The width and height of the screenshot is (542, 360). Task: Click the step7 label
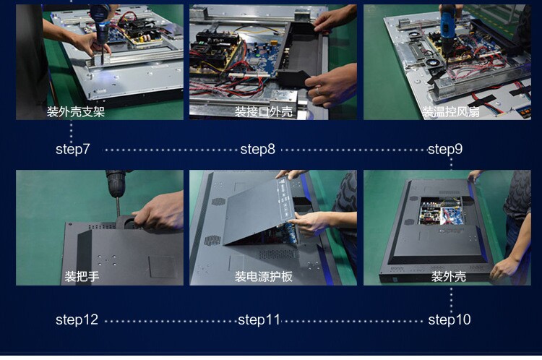(x=72, y=150)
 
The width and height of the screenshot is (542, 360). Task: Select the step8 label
(x=257, y=150)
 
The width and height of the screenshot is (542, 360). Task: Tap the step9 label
(x=445, y=150)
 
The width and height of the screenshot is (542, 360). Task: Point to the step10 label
(x=449, y=320)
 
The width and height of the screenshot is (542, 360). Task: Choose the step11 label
(x=259, y=320)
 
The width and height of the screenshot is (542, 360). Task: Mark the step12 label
(x=77, y=320)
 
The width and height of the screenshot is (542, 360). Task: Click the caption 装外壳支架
(x=76, y=112)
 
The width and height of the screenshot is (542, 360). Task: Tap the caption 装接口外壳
(x=263, y=112)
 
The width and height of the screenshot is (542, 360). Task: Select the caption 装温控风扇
(x=450, y=112)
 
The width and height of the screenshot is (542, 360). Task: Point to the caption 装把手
(x=82, y=276)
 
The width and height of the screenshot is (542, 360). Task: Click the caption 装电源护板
(x=263, y=276)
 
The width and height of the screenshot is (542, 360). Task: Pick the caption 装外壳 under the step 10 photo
(x=448, y=276)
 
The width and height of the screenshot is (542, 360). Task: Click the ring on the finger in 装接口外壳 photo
(x=317, y=91)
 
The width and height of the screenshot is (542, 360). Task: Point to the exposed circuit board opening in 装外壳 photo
(x=441, y=210)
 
